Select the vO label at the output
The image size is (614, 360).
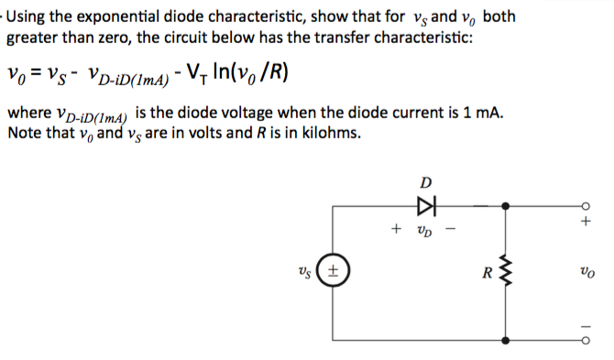pyautogui.click(x=587, y=272)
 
